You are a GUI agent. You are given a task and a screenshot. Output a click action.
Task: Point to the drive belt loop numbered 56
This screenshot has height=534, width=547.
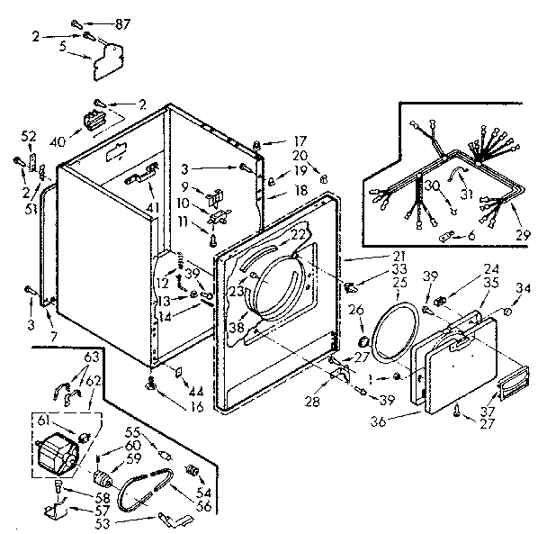point(147,493)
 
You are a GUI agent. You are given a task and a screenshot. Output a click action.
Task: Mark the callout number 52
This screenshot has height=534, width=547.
point(29,136)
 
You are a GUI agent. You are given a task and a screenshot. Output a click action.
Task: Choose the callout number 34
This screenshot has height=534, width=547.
point(523,287)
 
